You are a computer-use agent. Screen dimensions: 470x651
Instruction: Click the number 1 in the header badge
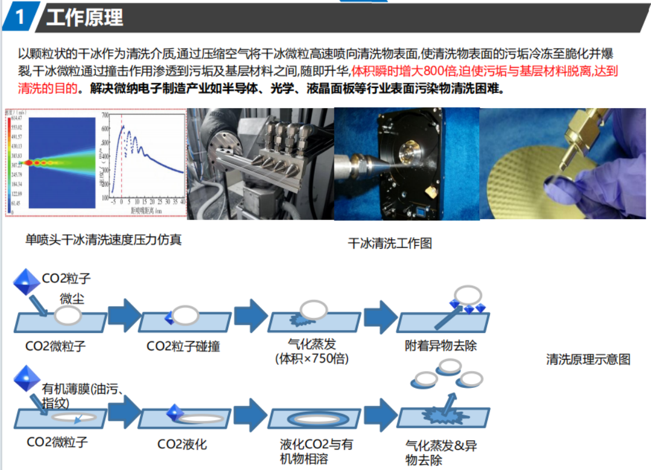point(20,17)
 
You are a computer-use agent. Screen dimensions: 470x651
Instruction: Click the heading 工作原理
point(85,17)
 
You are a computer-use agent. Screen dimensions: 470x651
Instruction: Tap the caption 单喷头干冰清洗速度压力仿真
point(104,239)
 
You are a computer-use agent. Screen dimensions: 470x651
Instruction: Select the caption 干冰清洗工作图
point(389,243)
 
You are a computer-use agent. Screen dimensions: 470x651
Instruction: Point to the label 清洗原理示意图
point(588,359)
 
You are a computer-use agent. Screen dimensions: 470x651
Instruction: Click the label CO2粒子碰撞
point(183,347)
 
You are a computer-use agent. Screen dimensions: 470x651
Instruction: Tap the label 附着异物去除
point(441,347)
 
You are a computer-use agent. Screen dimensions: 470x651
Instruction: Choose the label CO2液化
point(182,445)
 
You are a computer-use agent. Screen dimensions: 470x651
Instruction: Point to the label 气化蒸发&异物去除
point(441,453)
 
